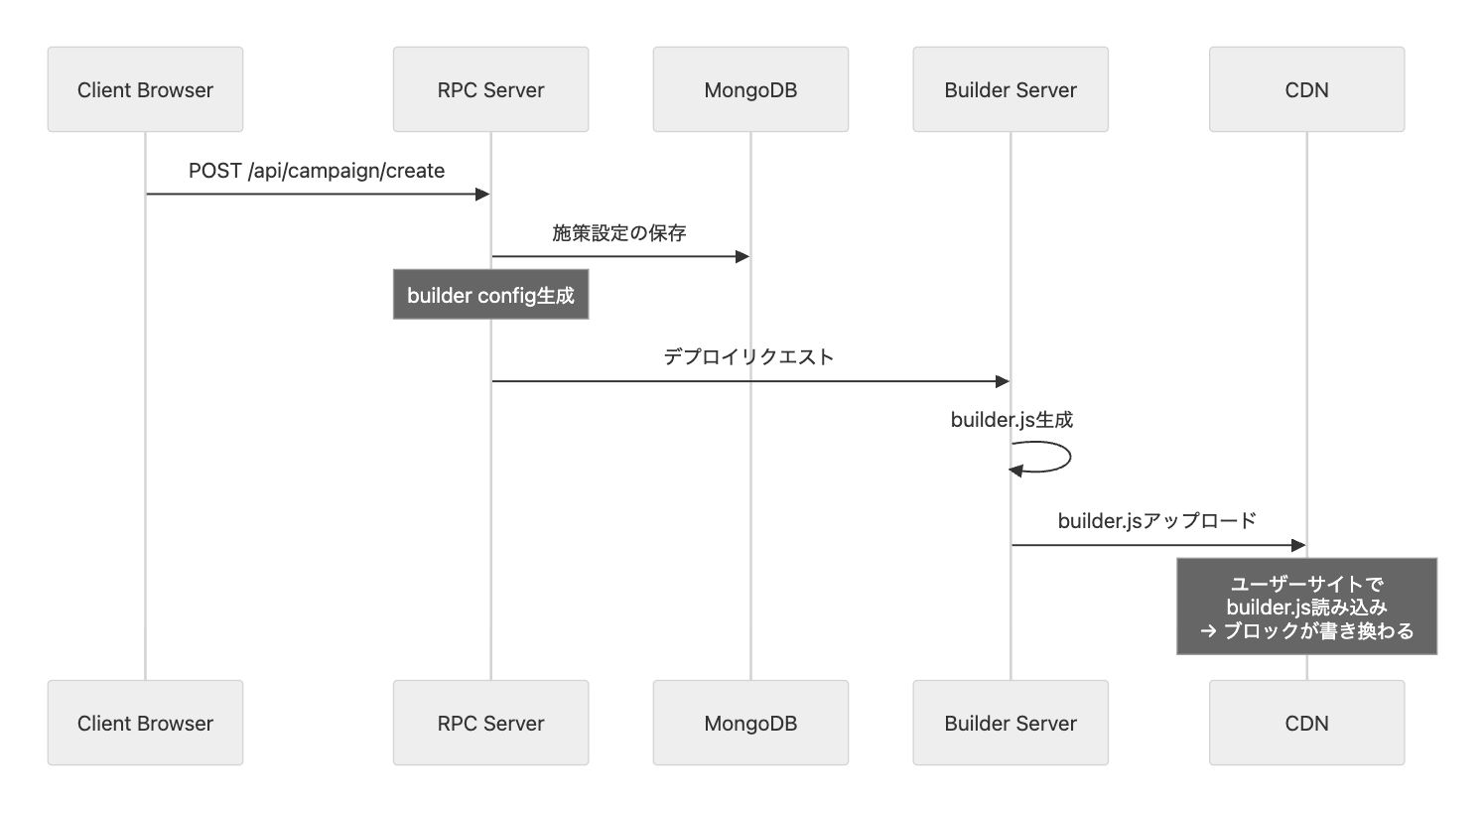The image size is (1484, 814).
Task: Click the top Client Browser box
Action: [145, 89]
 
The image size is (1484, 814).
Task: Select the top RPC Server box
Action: [490, 89]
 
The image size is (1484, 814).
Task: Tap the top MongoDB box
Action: [750, 89]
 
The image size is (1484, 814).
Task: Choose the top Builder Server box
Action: [1011, 89]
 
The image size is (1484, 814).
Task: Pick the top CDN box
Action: [1306, 89]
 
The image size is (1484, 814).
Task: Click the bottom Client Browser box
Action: [145, 723]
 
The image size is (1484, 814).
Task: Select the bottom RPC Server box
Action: [490, 723]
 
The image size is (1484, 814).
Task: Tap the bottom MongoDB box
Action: [750, 723]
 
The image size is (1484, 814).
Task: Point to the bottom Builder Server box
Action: [1011, 723]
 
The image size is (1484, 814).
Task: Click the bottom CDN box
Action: [1306, 723]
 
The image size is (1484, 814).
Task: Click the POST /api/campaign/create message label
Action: [317, 171]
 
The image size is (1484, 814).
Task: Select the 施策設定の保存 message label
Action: [619, 233]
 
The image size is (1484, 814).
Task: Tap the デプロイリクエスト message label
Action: [748, 357]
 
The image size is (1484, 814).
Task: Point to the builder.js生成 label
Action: [1012, 420]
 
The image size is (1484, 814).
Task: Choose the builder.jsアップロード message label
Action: [1157, 521]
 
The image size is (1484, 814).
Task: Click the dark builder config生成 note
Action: [490, 295]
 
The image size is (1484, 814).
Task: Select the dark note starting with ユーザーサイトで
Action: [1306, 607]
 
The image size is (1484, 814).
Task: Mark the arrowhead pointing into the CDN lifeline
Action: [1297, 545]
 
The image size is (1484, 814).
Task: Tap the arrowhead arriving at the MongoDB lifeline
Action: [742, 256]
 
